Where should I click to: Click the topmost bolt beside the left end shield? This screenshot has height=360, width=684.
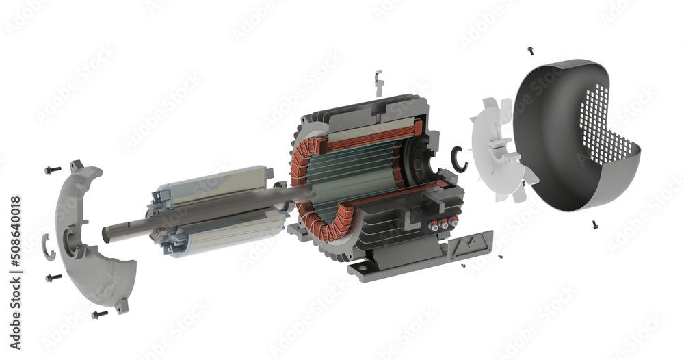[53, 169]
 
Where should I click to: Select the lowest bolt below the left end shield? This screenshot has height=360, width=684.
[99, 315]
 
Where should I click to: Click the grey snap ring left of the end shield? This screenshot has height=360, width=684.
[48, 246]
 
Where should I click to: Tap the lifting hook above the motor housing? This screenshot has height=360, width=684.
[378, 83]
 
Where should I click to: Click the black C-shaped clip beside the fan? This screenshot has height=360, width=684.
[459, 159]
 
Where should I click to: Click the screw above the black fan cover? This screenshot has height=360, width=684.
[530, 50]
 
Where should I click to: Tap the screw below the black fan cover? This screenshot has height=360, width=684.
[594, 224]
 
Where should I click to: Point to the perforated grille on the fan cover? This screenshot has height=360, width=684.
[605, 130]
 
